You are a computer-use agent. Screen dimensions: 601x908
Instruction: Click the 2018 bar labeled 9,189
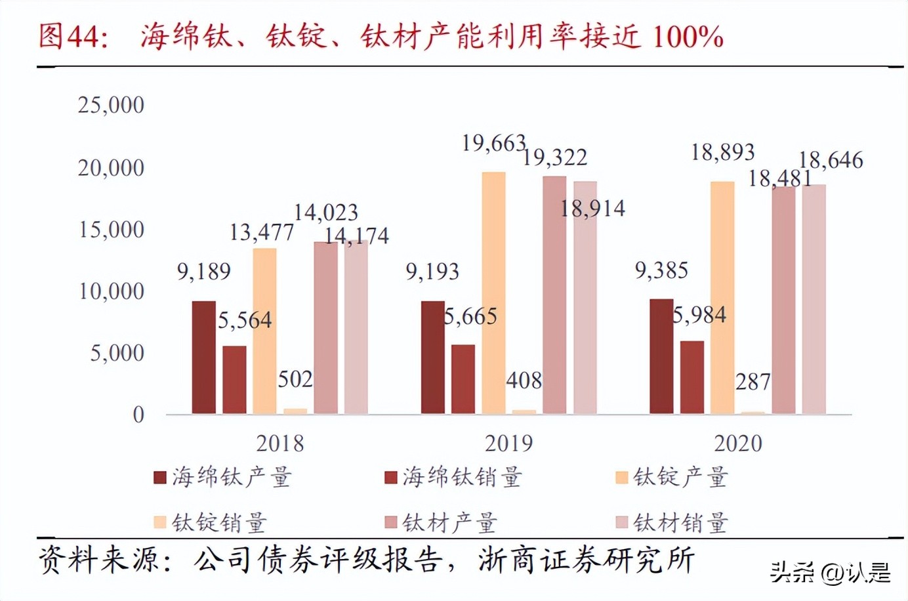203,358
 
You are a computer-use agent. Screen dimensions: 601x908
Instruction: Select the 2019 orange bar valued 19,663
493,293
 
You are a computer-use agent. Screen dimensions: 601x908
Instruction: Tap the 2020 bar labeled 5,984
691,377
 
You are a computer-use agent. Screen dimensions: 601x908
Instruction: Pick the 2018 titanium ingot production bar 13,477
264,331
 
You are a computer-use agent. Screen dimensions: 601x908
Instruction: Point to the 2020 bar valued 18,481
783,300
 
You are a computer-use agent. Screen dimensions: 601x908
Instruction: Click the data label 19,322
555,157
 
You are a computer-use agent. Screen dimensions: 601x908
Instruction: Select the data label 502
295,379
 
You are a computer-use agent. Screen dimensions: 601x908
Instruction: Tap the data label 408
524,381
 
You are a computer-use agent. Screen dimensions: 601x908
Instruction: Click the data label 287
753,382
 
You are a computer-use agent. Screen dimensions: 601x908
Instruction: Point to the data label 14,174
357,236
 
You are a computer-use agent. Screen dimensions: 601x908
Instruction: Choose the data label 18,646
831,160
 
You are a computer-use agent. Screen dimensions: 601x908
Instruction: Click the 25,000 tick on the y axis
111,105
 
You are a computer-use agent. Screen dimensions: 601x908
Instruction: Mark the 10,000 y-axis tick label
111,291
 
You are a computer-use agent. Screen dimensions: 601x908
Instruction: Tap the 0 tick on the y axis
138,415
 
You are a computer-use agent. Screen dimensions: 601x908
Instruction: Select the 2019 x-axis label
508,444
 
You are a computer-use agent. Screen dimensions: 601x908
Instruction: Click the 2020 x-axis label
738,444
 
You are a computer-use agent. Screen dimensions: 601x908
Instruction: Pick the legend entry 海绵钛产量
223,477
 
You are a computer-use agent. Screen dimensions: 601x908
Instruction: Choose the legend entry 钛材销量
672,523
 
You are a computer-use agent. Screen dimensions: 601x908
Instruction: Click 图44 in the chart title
72,35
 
